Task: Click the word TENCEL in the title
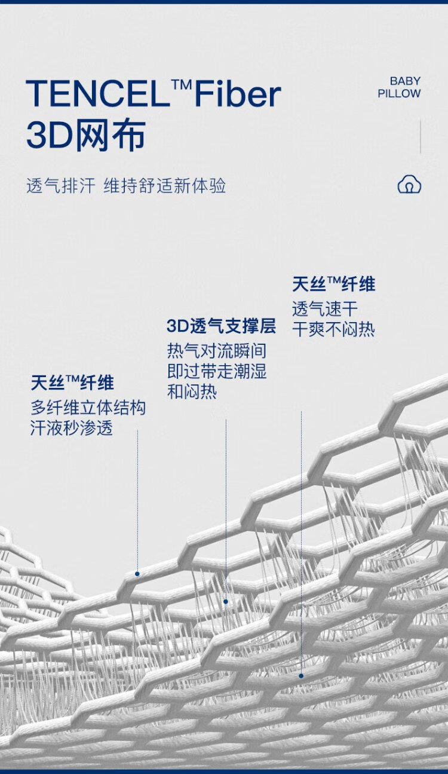tap(98, 93)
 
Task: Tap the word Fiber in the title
tap(238, 93)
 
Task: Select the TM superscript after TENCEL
tap(182, 84)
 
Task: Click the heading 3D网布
tap(86, 135)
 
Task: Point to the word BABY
tap(405, 81)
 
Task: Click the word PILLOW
tap(399, 93)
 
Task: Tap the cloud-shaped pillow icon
tap(409, 184)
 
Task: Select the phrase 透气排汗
tap(61, 185)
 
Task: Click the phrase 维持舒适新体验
tap(165, 185)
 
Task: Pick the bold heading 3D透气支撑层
tap(222, 326)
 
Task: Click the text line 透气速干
tap(325, 308)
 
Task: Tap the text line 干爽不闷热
tap(333, 329)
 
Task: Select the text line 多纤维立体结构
tap(88, 408)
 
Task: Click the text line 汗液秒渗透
tap(72, 428)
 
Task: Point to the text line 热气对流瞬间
tap(217, 351)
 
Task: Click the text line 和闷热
tap(192, 392)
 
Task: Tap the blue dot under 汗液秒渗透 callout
tap(137, 574)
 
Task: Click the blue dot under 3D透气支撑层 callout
tap(226, 602)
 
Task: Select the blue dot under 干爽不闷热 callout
tap(301, 676)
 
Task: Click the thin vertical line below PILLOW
tap(421, 136)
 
